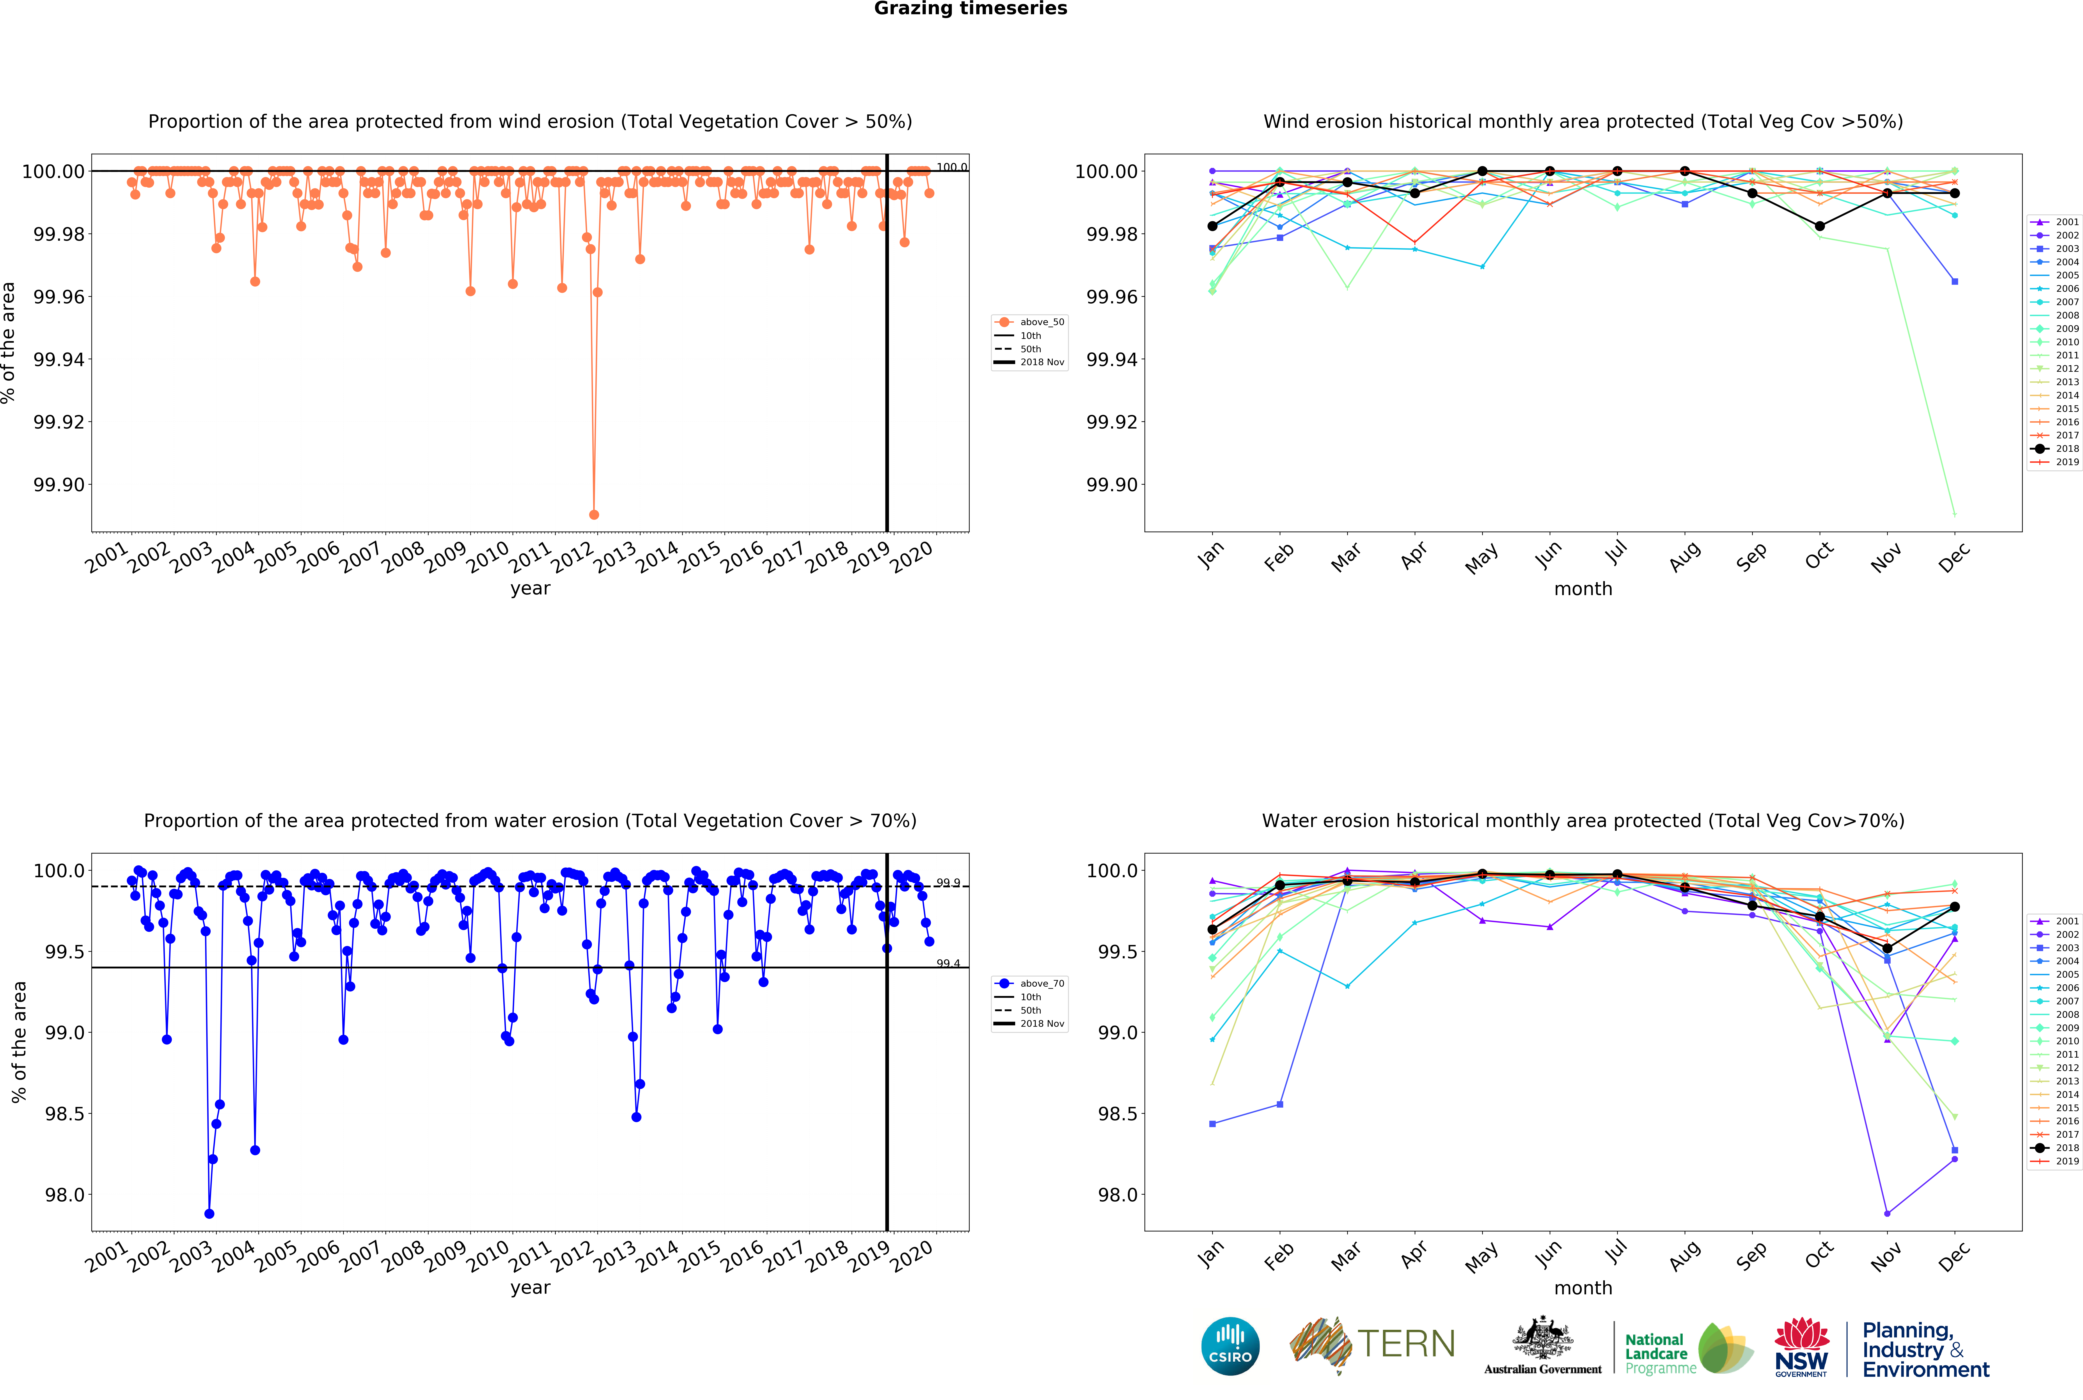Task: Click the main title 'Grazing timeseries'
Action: pos(970,9)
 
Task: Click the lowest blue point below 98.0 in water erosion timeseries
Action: pos(209,1213)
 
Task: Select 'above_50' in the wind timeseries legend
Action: pos(1041,322)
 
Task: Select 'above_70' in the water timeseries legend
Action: pos(1041,984)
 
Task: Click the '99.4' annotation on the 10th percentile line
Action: pos(948,963)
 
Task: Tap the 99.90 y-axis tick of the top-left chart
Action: pos(59,485)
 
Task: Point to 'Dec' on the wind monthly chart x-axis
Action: pos(1953,557)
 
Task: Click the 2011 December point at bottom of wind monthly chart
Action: pos(1955,514)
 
